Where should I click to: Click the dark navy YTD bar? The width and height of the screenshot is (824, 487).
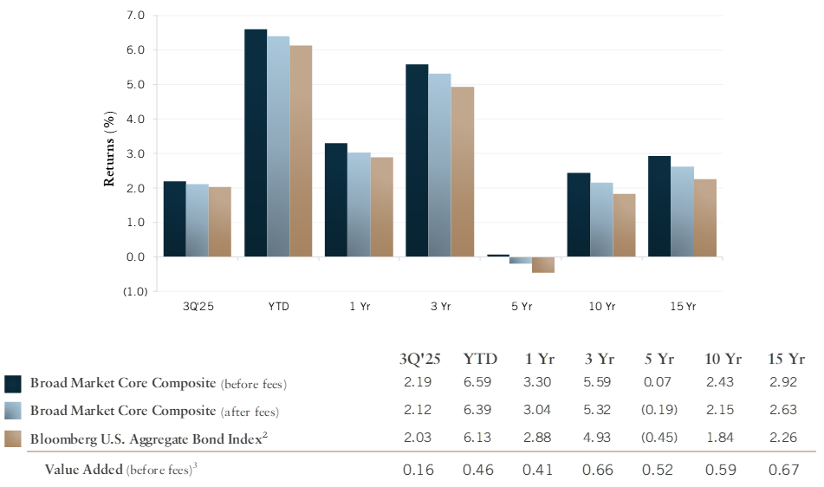pos(256,143)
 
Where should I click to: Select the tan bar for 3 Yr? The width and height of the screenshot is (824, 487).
pos(463,172)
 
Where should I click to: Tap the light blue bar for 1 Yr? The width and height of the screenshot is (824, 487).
pos(359,205)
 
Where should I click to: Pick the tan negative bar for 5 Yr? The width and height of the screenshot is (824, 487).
pos(543,265)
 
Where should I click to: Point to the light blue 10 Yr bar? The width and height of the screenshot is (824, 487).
pos(601,219)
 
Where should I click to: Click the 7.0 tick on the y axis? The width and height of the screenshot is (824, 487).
pos(135,16)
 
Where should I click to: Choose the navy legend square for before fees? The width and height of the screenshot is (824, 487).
pos(13,384)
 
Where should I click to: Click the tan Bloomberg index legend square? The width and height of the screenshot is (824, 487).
pos(13,438)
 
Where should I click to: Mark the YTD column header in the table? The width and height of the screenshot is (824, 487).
pos(480,359)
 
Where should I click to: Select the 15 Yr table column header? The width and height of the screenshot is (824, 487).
pos(787,359)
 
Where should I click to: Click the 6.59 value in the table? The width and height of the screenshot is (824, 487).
pos(480,383)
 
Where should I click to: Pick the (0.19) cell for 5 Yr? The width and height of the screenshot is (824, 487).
pos(660,411)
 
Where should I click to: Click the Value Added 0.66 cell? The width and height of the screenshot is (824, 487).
pos(600,471)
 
